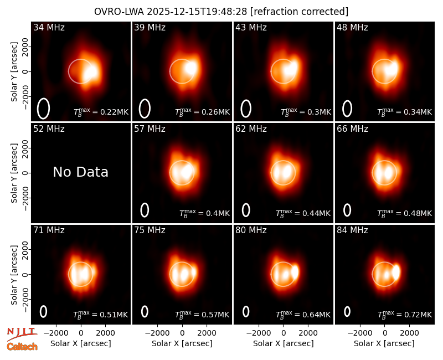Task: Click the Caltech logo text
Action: [x=22, y=347]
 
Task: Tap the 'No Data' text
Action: [x=81, y=172]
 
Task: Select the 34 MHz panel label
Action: [x=49, y=27]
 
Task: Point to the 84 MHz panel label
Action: [x=352, y=230]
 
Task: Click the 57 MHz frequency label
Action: [x=150, y=129]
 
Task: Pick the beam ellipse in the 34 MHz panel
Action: [x=44, y=109]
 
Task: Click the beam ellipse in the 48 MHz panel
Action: [x=347, y=109]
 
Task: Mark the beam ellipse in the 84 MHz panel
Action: [x=347, y=311]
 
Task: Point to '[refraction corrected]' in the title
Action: [x=299, y=12]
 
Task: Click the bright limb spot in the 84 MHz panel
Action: [x=396, y=272]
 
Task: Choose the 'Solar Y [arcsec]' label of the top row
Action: [x=14, y=72]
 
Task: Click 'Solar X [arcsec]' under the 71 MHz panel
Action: [x=81, y=343]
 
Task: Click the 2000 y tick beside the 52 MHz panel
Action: [x=25, y=148]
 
